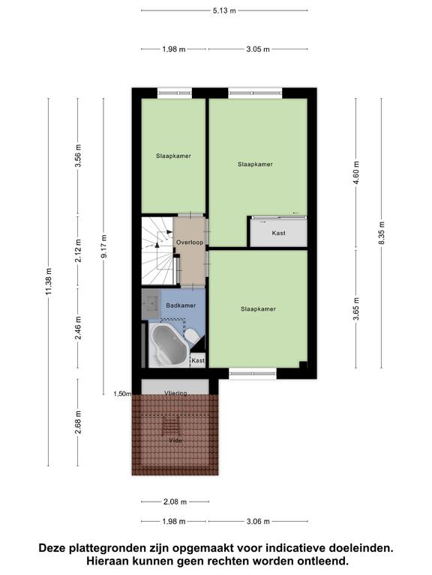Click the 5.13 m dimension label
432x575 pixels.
click(224, 10)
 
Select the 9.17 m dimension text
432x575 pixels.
click(104, 246)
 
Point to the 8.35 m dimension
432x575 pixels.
click(382, 234)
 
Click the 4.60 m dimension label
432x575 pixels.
click(356, 174)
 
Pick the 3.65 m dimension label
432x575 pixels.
click(356, 308)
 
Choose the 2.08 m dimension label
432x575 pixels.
click(175, 502)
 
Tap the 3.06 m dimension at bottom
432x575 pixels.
click(258, 521)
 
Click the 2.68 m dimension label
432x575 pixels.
click(78, 422)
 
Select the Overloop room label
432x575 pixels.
click(190, 243)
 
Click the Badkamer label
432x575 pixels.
click(181, 305)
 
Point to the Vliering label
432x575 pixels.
click(175, 393)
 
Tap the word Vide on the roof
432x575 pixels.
click(175, 440)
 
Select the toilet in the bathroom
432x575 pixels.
click(191, 335)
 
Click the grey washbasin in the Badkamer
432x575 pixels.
click(151, 304)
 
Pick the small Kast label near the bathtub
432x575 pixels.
click(198, 361)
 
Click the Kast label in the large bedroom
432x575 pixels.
click(278, 233)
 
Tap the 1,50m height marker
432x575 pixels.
click(122, 394)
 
